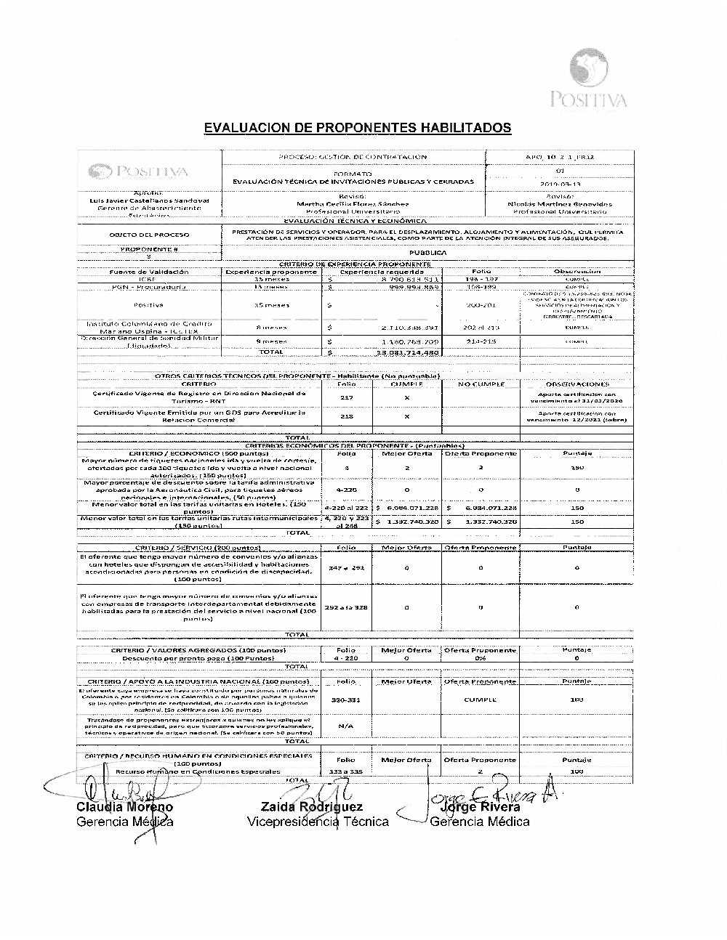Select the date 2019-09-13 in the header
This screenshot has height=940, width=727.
[559, 185]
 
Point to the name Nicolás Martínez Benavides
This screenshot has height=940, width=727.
[559, 204]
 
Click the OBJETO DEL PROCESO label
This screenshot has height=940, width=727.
[149, 235]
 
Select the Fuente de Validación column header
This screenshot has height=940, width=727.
[148, 272]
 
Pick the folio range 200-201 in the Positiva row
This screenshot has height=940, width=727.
[481, 305]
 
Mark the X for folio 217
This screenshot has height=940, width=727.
[406, 397]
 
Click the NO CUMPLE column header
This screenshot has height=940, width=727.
[481, 384]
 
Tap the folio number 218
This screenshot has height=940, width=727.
[347, 416]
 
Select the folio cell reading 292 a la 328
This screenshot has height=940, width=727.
[347, 607]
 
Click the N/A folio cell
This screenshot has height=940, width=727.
[346, 725]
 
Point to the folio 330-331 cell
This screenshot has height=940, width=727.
[346, 700]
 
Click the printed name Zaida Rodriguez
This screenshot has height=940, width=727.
[311, 807]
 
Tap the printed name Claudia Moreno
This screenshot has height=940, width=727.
[124, 807]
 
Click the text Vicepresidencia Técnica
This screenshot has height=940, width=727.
[318, 822]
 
